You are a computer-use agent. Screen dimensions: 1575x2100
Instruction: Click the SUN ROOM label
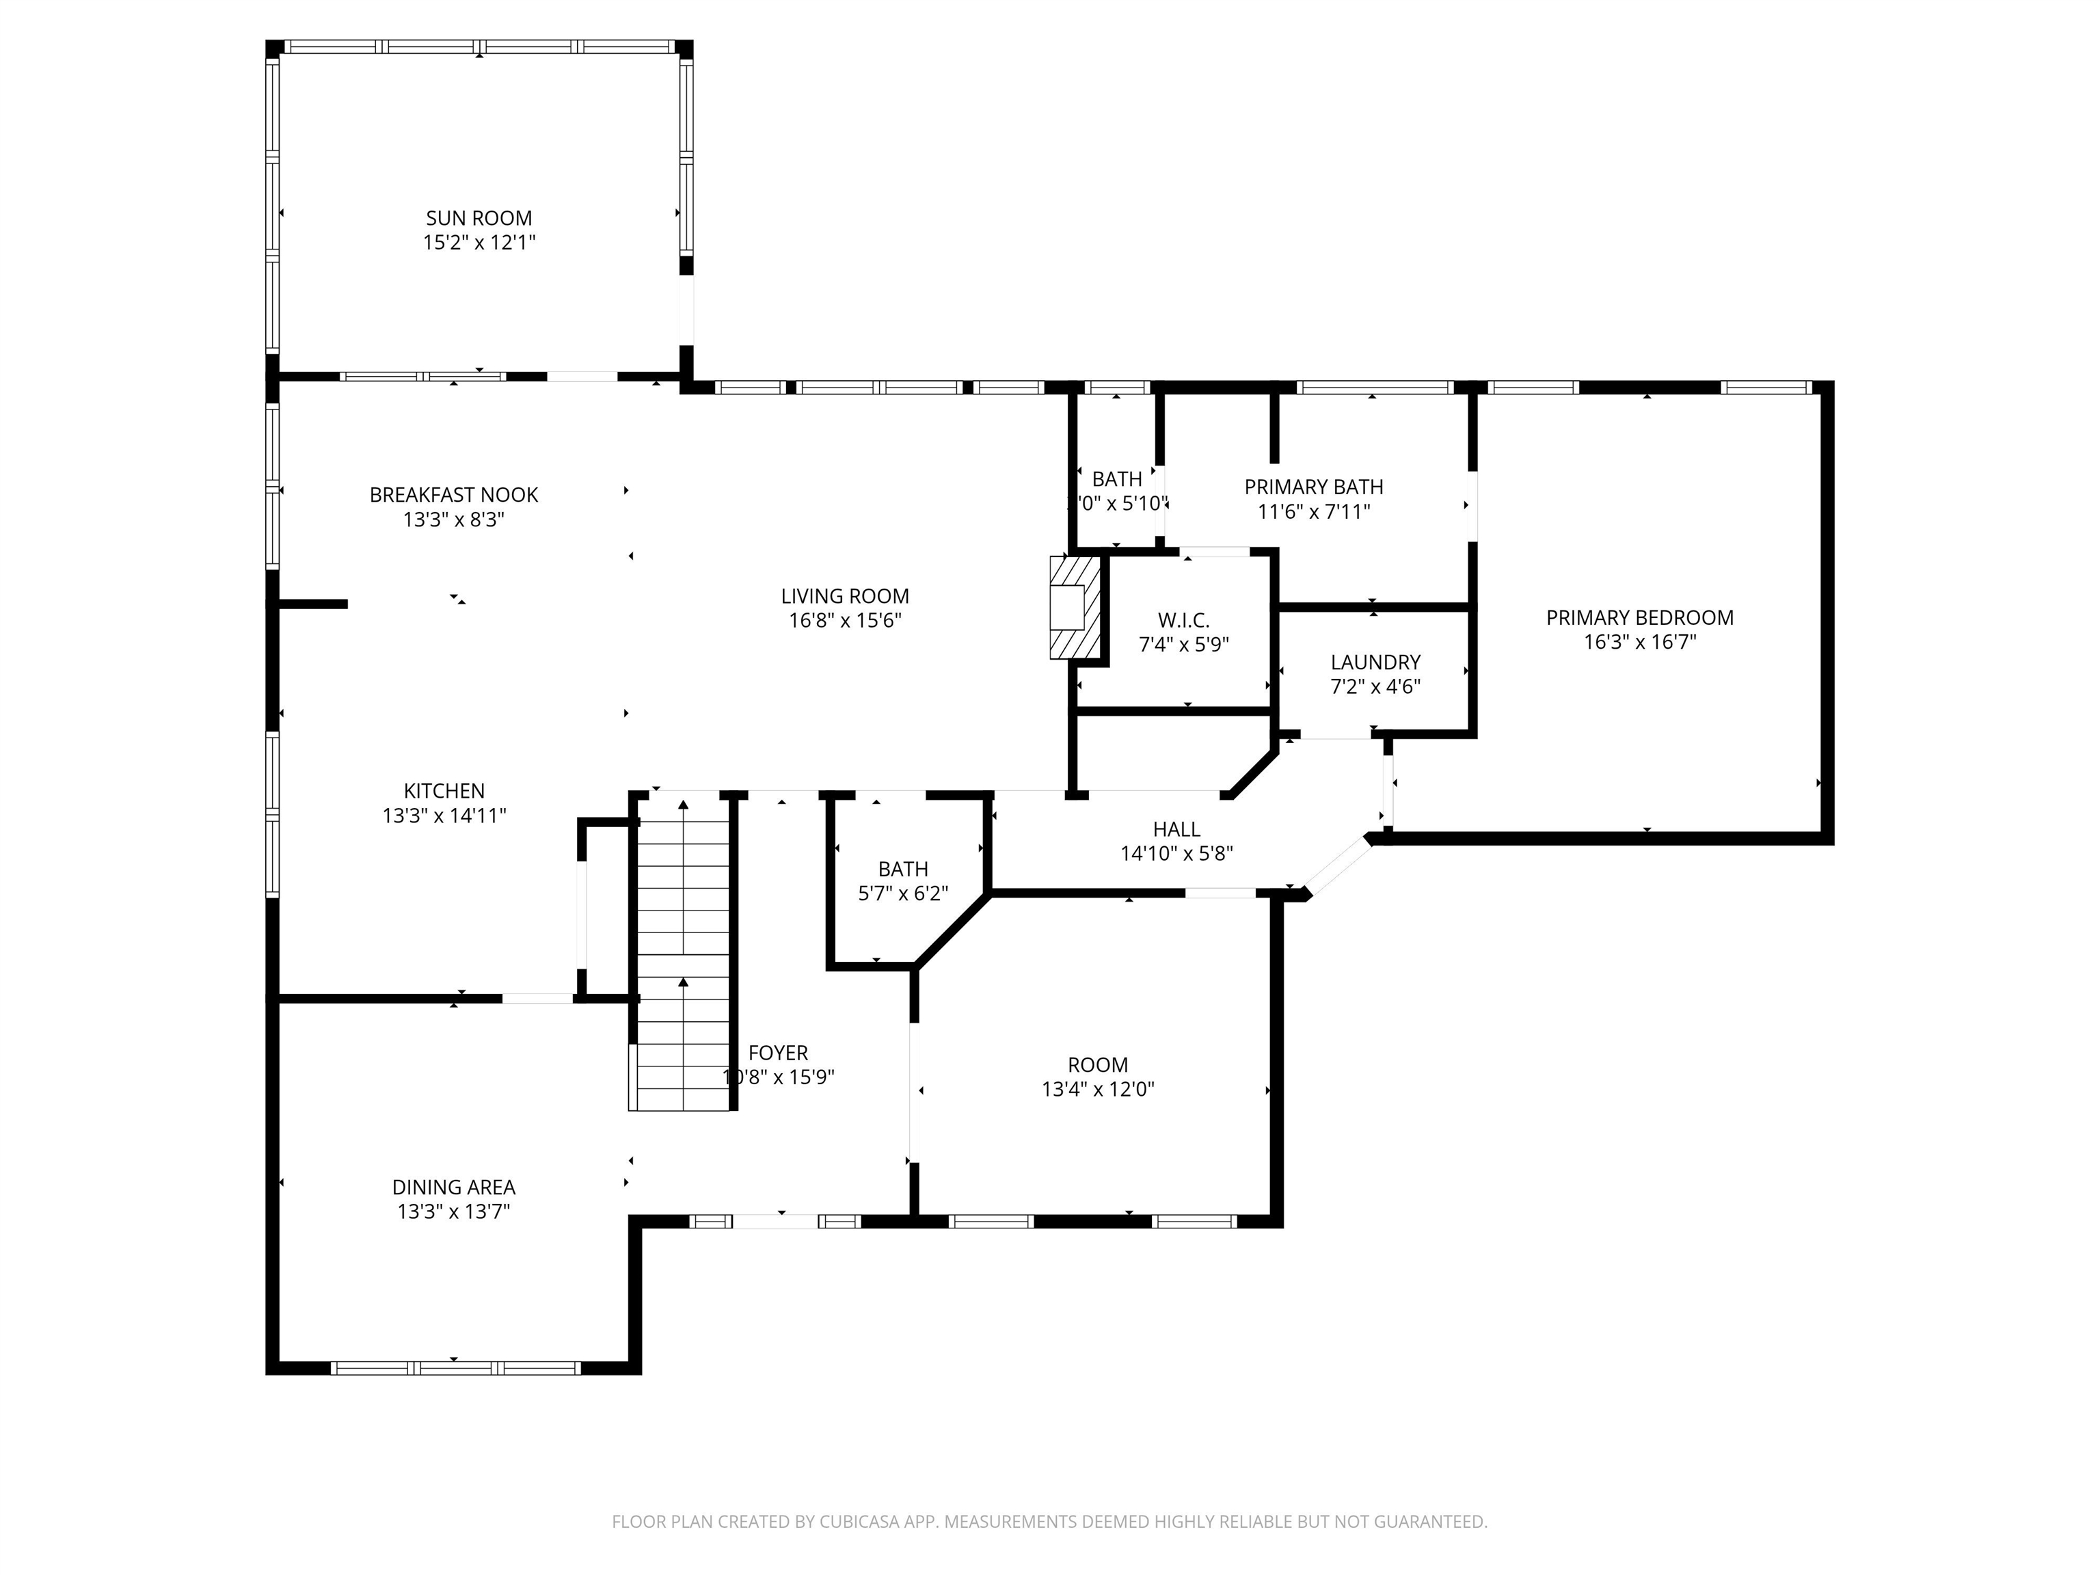[x=479, y=218]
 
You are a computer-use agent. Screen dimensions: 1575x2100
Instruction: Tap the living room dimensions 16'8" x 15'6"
[x=844, y=621]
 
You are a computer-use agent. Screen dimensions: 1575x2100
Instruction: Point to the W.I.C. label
[x=1183, y=621]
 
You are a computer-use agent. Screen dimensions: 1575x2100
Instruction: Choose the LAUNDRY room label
[x=1375, y=662]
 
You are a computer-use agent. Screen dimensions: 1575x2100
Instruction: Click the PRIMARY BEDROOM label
[x=1639, y=618]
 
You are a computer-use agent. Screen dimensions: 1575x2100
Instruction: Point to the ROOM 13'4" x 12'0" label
[x=1097, y=1065]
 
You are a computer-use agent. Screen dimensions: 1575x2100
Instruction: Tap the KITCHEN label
[x=444, y=791]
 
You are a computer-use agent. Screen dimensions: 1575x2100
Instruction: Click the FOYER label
[x=777, y=1053]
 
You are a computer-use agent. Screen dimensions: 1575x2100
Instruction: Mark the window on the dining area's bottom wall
[x=455, y=1368]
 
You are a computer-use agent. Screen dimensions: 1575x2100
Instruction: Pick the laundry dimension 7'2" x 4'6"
[x=1375, y=686]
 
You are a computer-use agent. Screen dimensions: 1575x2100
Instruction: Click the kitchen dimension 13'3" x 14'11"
[x=444, y=816]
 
